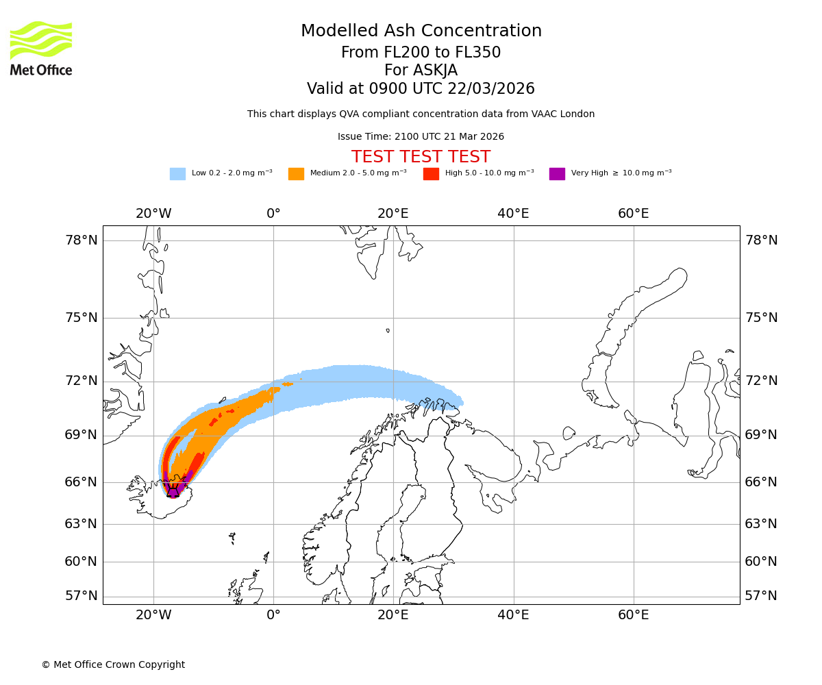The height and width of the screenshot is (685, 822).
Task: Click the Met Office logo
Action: (x=41, y=49)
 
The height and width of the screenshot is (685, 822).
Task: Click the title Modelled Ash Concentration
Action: (x=421, y=31)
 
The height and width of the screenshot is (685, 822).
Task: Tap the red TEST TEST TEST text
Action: (x=421, y=157)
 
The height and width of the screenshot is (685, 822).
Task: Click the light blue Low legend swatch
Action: (x=177, y=174)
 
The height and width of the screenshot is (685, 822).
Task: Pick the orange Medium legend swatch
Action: (x=296, y=174)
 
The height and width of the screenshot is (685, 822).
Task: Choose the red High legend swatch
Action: (x=431, y=174)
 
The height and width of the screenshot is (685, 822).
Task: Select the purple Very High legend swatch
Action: (x=557, y=174)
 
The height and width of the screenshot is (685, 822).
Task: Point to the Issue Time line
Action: (x=421, y=136)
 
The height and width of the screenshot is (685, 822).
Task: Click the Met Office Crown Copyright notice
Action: (x=113, y=664)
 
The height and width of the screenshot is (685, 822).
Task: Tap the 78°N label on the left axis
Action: (x=82, y=240)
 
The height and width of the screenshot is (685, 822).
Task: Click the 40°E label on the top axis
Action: (x=513, y=214)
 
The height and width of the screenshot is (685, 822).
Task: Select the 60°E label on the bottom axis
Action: (x=633, y=614)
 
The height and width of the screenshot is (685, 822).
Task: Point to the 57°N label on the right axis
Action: (x=761, y=595)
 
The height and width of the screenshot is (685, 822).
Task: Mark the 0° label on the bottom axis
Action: (x=273, y=614)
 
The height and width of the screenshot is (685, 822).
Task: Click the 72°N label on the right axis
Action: (x=761, y=381)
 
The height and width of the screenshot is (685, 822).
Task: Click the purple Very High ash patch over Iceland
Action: (x=174, y=490)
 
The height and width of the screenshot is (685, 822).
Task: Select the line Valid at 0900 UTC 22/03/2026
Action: (x=421, y=89)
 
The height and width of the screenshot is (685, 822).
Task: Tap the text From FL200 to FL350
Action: (x=421, y=53)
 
